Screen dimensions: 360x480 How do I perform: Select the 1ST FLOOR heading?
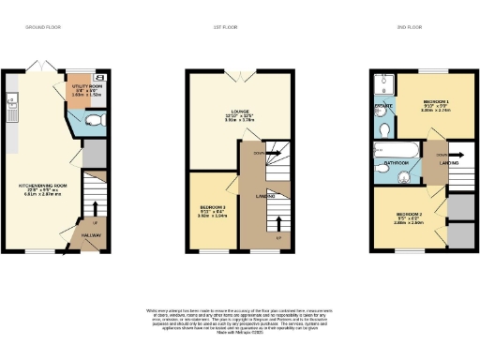point(225,28)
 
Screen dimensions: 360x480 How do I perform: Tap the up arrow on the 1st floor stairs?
point(278,223)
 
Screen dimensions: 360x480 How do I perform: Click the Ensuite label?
point(382,108)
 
